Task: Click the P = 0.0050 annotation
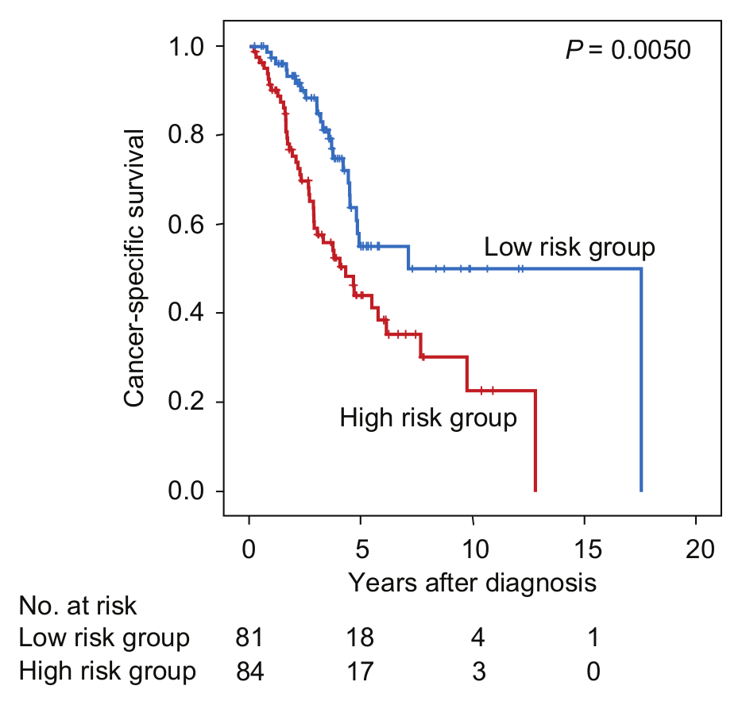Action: [x=628, y=50]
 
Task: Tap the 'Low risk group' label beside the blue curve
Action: [x=570, y=248]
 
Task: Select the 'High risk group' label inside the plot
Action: [x=428, y=418]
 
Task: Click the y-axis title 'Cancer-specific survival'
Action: [x=134, y=268]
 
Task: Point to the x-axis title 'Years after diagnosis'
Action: [x=472, y=583]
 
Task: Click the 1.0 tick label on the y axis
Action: [x=186, y=47]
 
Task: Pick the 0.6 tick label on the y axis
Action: [x=186, y=224]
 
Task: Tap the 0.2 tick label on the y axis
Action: [x=186, y=402]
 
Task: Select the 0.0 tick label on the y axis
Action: [x=186, y=491]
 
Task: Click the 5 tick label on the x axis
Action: [x=361, y=549]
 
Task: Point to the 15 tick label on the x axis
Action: [x=588, y=549]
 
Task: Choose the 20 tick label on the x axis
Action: [x=699, y=549]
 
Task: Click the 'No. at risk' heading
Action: [x=78, y=606]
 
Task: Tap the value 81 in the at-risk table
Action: [x=249, y=638]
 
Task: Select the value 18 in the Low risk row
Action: [x=360, y=638]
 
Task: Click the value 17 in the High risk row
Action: [x=360, y=672]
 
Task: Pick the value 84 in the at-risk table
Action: [x=250, y=672]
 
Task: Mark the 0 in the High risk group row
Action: [x=593, y=672]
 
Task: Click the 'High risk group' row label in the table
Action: [x=107, y=672]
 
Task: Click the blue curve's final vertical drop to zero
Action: [x=641, y=380]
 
